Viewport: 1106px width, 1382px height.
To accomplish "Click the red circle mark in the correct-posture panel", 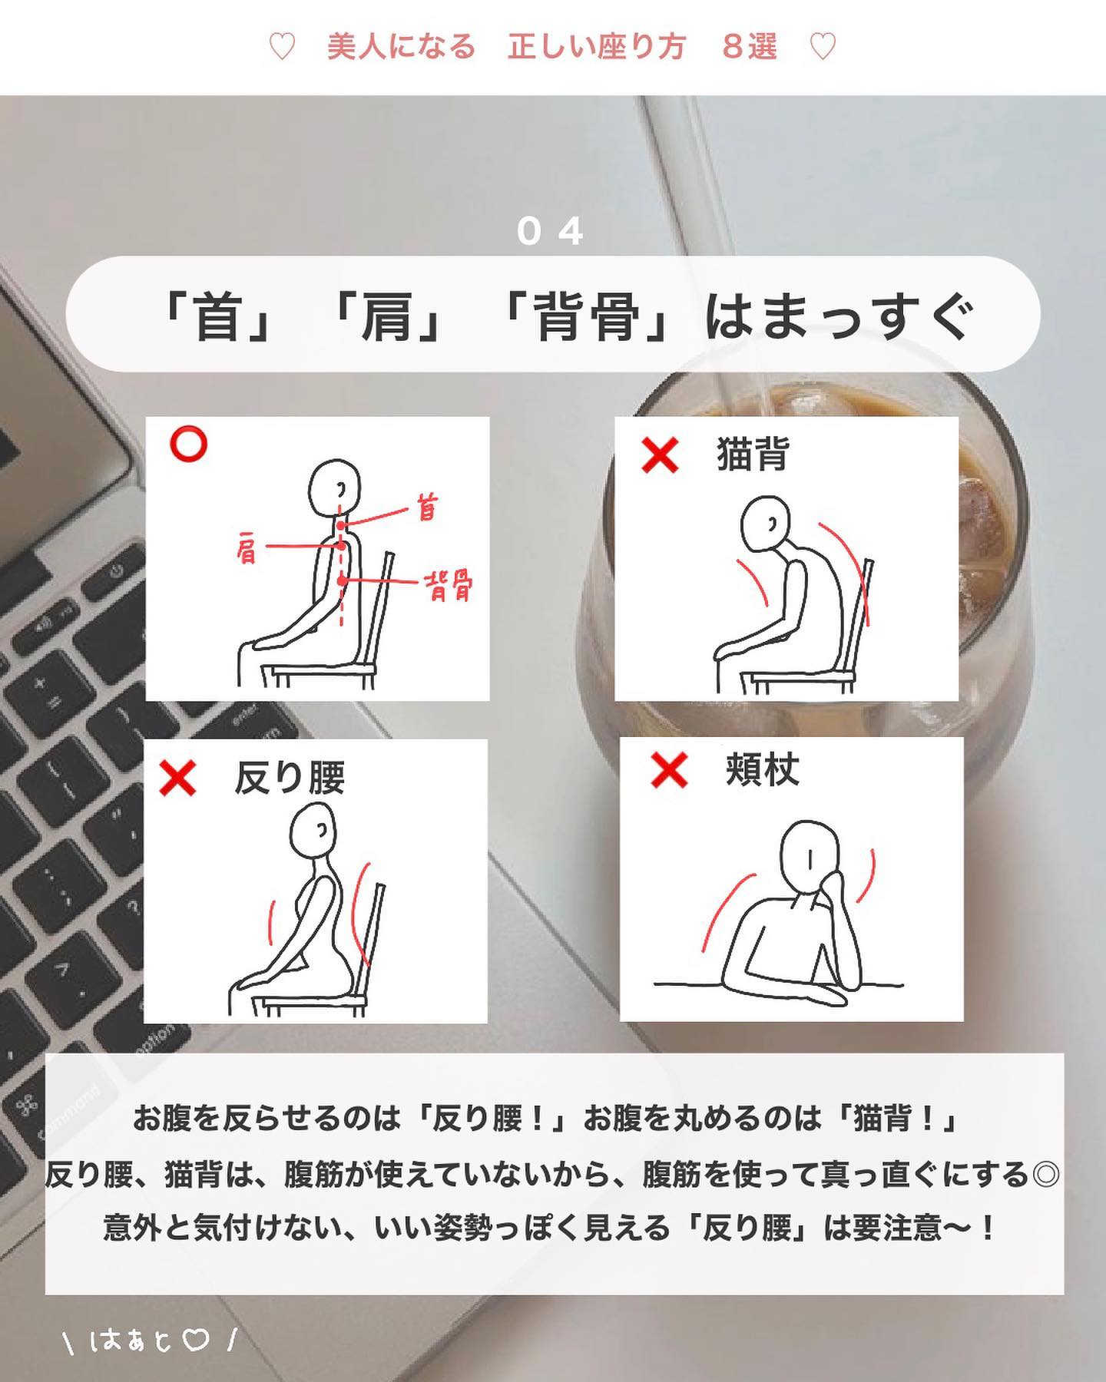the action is point(188,444).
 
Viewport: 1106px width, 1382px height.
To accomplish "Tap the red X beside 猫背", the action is point(660,455).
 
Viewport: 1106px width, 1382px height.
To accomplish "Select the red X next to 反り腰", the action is point(177,779).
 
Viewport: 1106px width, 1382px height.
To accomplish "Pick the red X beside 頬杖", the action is point(669,770).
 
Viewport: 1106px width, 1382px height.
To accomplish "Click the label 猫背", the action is point(753,454).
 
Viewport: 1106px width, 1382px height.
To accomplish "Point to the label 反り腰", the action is point(290,778).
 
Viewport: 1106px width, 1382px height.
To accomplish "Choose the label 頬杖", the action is point(762,770).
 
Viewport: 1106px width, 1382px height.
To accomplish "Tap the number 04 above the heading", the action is point(550,231).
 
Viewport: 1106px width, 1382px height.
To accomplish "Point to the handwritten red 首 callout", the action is point(427,508).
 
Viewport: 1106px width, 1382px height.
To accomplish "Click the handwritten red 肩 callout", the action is point(247,547).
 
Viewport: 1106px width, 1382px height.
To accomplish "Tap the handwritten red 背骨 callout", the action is point(449,587).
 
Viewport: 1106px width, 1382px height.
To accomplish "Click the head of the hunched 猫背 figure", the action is point(766,523).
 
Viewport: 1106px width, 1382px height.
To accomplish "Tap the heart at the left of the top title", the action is point(282,48).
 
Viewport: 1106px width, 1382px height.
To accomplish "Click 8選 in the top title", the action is point(749,47).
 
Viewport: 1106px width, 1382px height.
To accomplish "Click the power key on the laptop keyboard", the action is point(115,573).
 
